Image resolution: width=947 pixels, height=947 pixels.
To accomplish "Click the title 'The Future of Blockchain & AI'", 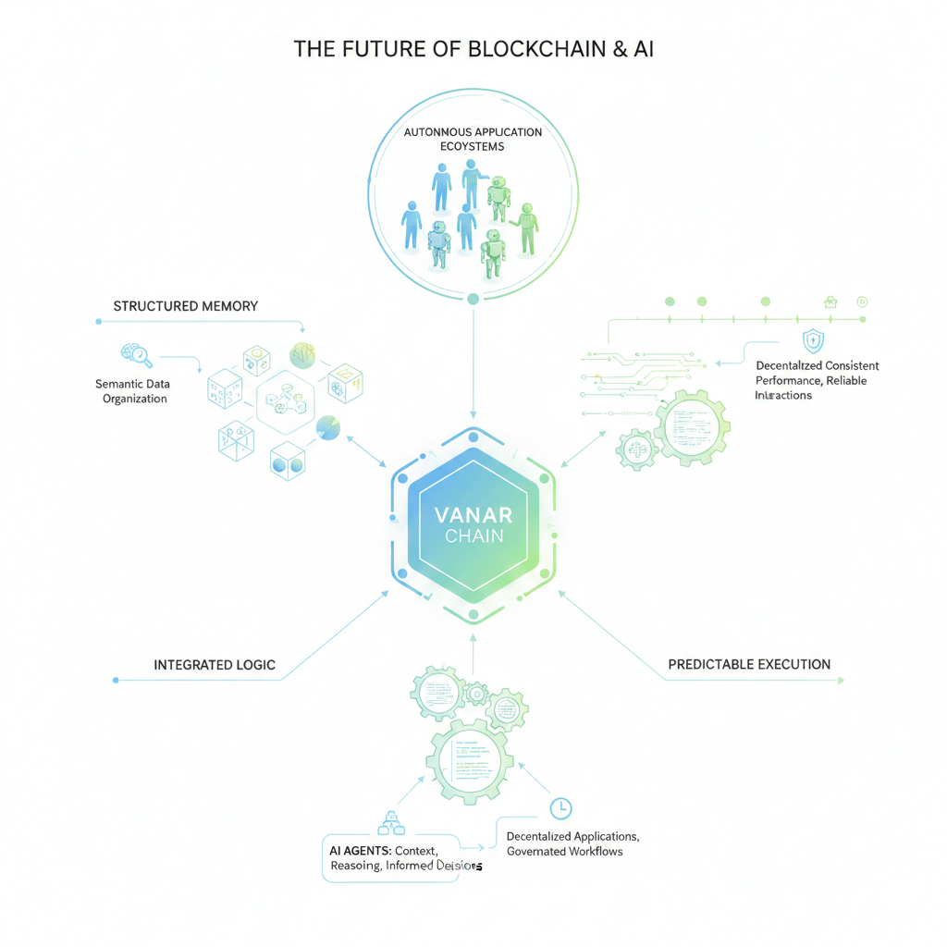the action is point(473,49).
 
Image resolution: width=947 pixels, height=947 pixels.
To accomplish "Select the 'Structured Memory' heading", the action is point(185,306).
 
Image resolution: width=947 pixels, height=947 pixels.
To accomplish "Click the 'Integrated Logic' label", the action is point(215,665).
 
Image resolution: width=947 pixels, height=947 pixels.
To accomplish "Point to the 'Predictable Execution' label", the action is point(749,664).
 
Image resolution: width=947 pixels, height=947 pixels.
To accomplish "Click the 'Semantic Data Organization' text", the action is point(131,391).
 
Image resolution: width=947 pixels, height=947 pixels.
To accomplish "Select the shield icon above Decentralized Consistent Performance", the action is point(813,340).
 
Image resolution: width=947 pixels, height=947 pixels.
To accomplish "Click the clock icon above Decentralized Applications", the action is point(560,808).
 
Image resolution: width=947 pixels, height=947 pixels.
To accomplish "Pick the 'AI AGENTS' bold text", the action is point(360,848).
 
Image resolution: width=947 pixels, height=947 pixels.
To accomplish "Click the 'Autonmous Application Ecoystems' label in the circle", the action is point(473,139).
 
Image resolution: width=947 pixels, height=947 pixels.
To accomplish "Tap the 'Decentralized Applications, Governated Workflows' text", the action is point(572,843).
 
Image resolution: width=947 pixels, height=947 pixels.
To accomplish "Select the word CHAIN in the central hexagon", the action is point(473,536).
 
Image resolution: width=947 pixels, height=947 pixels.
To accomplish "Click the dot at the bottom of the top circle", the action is point(473,299).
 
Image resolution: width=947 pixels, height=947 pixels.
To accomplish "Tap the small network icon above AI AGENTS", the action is point(392,822).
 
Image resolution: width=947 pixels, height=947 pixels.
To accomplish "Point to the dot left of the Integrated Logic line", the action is point(116,680).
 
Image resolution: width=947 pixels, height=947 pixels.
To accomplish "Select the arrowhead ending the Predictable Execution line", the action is point(840,681).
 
